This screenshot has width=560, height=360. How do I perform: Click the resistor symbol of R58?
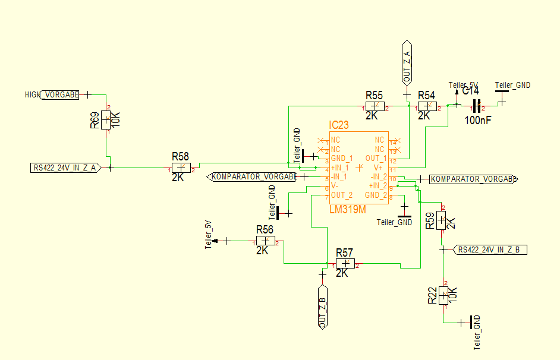[181, 168]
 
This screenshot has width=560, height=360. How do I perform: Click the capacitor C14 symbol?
[476, 106]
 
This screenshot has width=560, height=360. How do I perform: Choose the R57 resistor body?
[345, 263]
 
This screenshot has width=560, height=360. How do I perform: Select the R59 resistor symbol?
[441, 220]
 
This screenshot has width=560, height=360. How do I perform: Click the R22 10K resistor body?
[443, 295]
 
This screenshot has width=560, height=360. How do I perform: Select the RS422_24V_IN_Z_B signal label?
[491, 250]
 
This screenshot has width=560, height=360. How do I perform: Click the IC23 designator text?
[339, 125]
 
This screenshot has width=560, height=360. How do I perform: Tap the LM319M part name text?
[347, 210]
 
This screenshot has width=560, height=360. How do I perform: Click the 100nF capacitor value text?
[478, 120]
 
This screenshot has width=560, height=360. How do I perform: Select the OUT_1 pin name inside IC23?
[376, 159]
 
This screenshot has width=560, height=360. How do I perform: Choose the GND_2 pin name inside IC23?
[376, 195]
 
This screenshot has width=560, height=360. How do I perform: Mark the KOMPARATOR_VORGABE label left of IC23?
[253, 177]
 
